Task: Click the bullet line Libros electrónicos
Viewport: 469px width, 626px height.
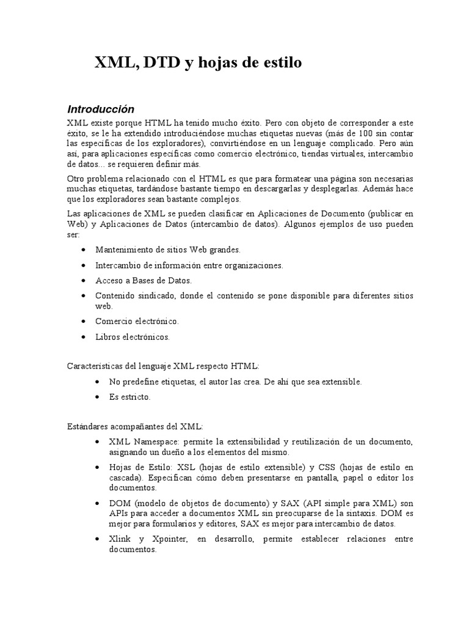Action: click(133, 337)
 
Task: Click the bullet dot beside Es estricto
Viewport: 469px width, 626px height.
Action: click(98, 397)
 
